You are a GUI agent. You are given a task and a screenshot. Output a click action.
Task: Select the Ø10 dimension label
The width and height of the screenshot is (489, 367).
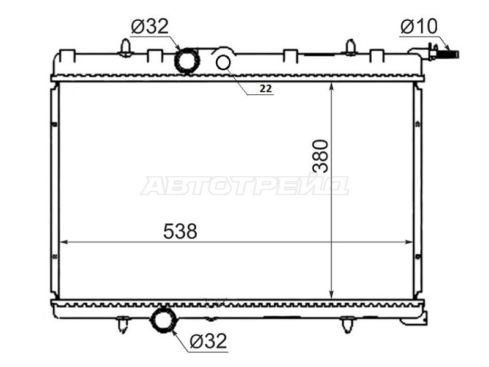(419, 26)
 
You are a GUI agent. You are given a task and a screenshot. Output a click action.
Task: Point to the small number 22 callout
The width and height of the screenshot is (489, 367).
(266, 89)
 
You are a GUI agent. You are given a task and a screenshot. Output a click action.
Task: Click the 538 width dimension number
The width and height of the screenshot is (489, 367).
(180, 231)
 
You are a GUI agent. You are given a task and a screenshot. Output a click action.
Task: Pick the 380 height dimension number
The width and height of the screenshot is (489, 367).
(320, 156)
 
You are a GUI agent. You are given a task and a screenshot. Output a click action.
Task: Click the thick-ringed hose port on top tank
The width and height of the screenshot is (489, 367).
(186, 61)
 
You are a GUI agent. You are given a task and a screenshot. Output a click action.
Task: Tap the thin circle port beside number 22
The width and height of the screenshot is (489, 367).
(223, 62)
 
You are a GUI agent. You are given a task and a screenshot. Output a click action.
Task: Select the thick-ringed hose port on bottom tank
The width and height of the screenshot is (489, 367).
(163, 319)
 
